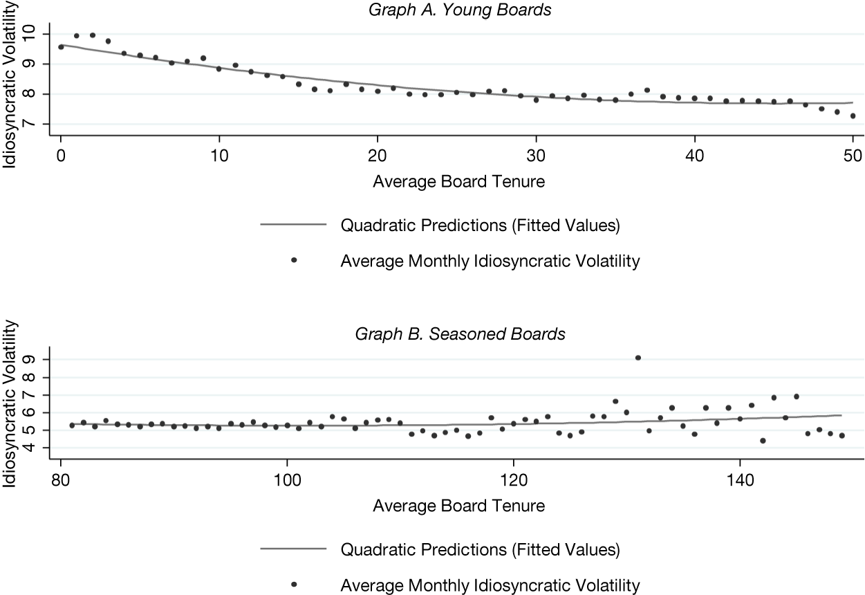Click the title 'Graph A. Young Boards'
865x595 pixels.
point(459,10)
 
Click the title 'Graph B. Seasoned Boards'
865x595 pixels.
point(460,335)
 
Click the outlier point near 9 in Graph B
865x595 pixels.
point(638,358)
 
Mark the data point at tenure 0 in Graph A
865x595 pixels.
point(61,46)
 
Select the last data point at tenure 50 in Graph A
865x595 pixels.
point(853,116)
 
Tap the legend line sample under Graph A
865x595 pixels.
point(292,225)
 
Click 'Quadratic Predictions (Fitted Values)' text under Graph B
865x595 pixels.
point(480,550)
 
